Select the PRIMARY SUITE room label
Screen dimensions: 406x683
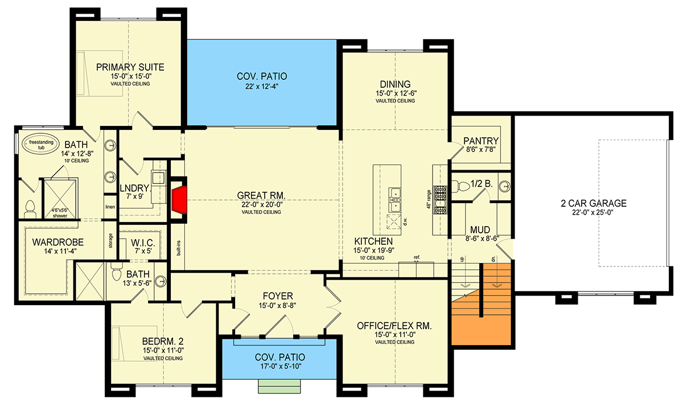pyautogui.click(x=122, y=65)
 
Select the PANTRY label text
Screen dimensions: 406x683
pyautogui.click(x=481, y=141)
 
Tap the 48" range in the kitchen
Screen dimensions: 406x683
pyautogui.click(x=440, y=200)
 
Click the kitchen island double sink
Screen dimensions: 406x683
pyautogui.click(x=394, y=197)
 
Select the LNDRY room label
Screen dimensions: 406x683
pyautogui.click(x=134, y=188)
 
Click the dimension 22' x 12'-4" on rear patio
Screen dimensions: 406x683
pyautogui.click(x=262, y=87)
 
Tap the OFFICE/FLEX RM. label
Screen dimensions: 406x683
pyautogui.click(x=394, y=326)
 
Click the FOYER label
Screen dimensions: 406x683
pyautogui.click(x=278, y=296)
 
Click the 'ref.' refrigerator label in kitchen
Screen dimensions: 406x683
pyautogui.click(x=417, y=257)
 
